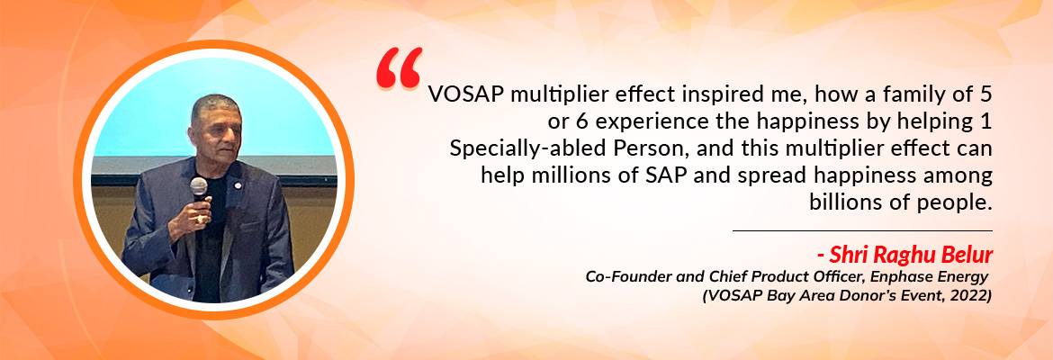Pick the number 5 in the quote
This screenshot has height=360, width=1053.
click(x=985, y=95)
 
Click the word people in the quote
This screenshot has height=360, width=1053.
click(x=955, y=202)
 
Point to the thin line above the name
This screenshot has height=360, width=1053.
click(x=862, y=231)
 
